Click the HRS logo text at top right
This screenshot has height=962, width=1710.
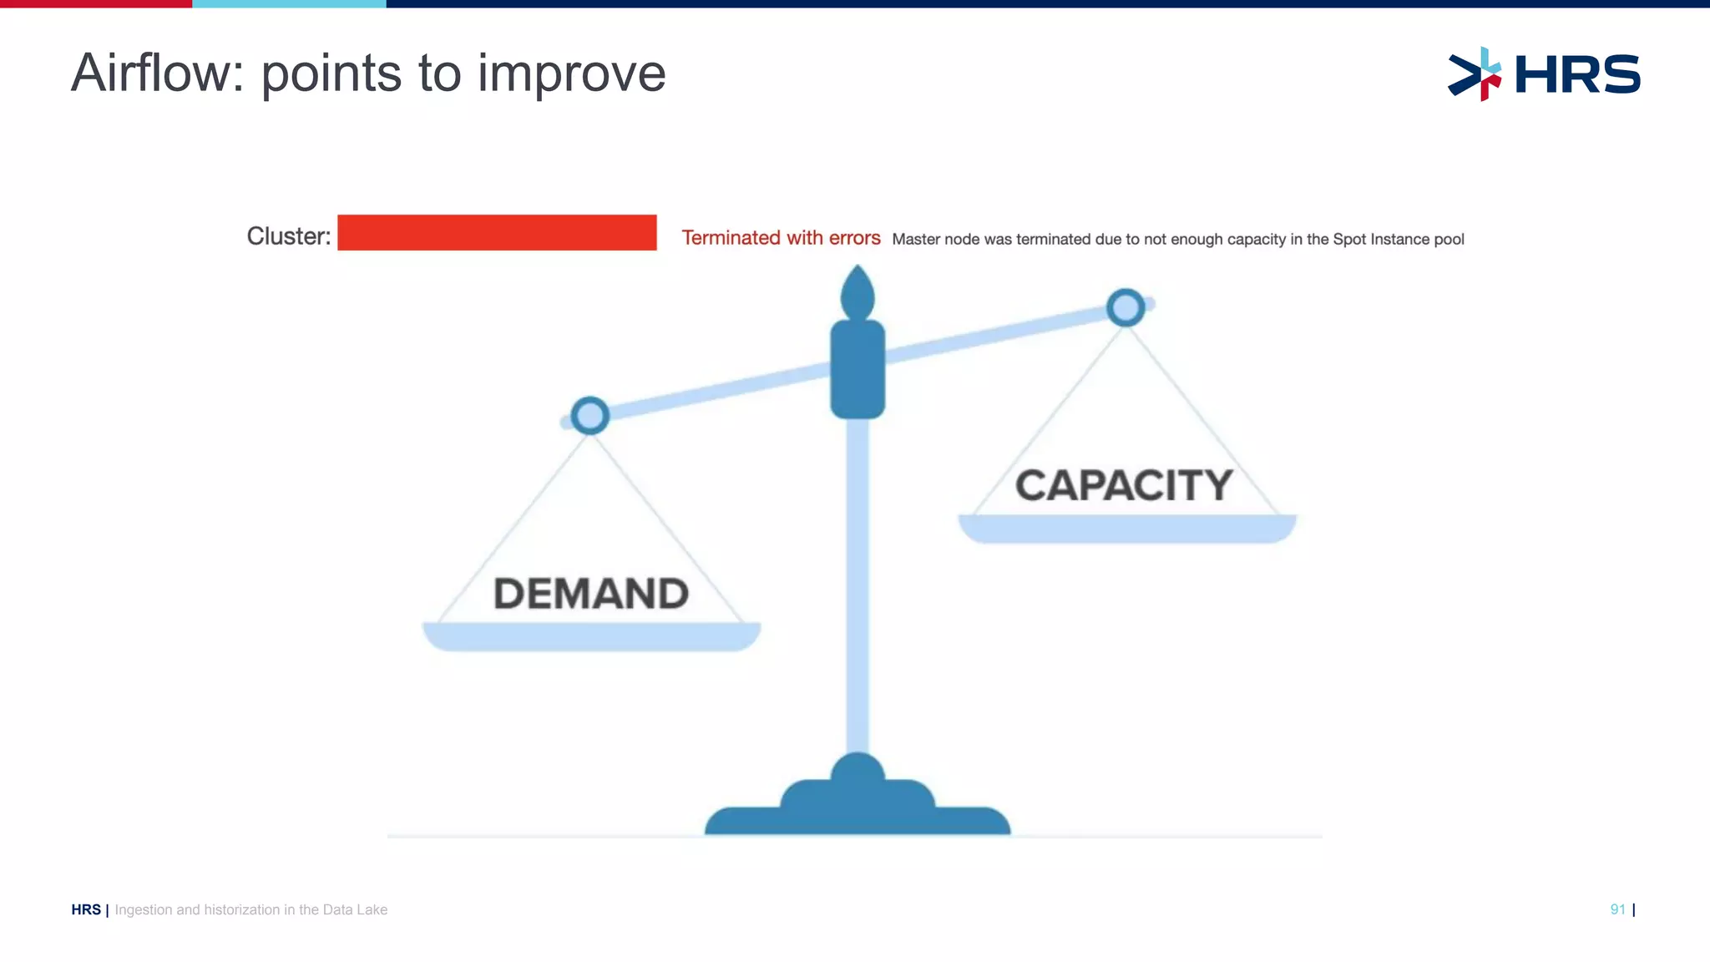click(1577, 74)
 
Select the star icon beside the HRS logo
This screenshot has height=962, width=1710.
click(1475, 74)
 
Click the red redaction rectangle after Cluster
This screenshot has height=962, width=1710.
click(497, 232)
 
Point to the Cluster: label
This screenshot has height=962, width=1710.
click(288, 236)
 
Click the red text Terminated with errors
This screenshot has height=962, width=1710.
click(781, 238)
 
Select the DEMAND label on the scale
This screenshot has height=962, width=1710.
click(591, 594)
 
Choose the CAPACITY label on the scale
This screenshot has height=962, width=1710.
click(1124, 485)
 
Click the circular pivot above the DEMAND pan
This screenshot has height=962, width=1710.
click(590, 415)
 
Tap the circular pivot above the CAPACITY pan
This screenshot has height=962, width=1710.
click(1126, 307)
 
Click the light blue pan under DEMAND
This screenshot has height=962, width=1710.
click(591, 636)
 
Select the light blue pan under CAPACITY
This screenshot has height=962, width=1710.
click(1126, 529)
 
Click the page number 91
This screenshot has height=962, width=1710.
click(1617, 909)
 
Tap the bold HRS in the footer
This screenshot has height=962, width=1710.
click(86, 909)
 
